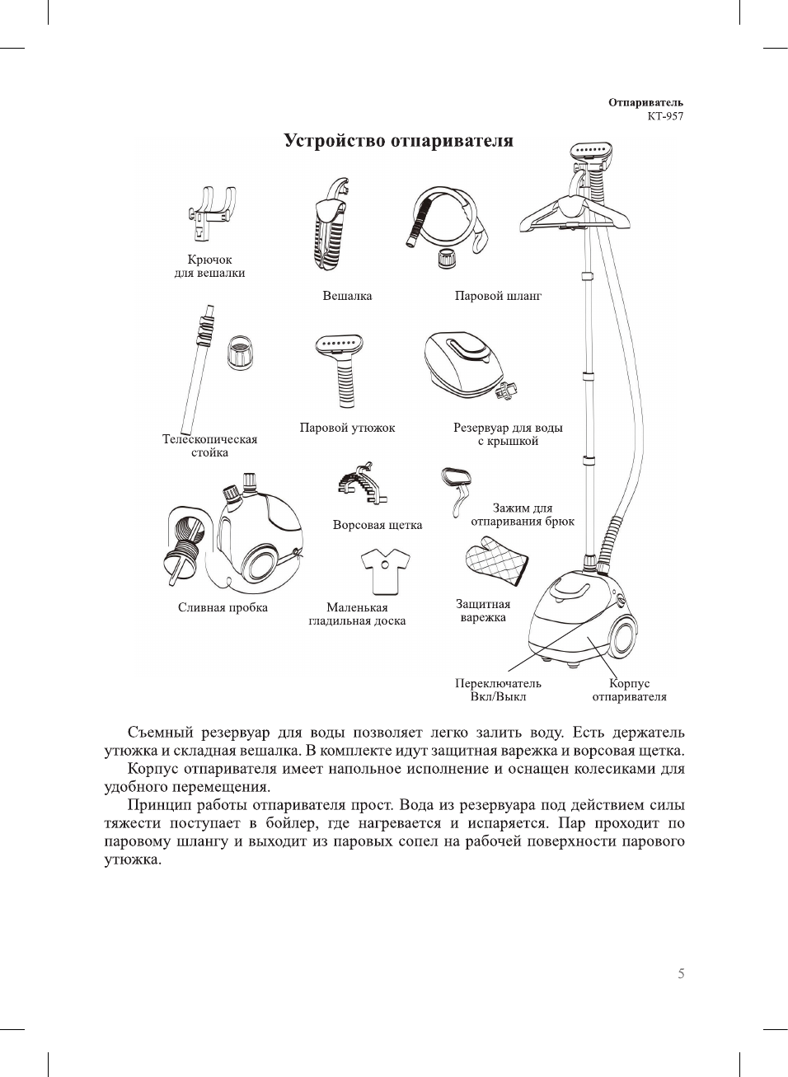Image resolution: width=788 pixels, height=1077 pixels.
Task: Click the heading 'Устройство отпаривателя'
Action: (x=398, y=141)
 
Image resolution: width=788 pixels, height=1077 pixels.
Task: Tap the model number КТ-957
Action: (x=664, y=116)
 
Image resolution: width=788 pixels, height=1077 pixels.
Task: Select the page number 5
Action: (x=681, y=974)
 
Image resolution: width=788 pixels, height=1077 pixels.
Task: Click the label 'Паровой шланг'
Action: (x=498, y=296)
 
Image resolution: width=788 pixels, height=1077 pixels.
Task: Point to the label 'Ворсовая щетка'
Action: (x=378, y=525)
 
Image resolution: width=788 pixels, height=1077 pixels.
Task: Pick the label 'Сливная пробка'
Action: (x=223, y=607)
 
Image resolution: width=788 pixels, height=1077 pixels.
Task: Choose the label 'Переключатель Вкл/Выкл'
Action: (x=498, y=690)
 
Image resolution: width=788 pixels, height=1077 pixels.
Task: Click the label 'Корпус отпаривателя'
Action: (x=629, y=690)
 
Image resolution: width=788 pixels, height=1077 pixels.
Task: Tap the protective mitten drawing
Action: (x=495, y=562)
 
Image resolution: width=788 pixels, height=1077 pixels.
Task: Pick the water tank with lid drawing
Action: (x=465, y=364)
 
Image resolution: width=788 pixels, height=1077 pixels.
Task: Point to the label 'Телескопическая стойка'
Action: (x=209, y=446)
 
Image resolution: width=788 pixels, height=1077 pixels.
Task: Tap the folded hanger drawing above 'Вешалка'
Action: (x=334, y=226)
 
